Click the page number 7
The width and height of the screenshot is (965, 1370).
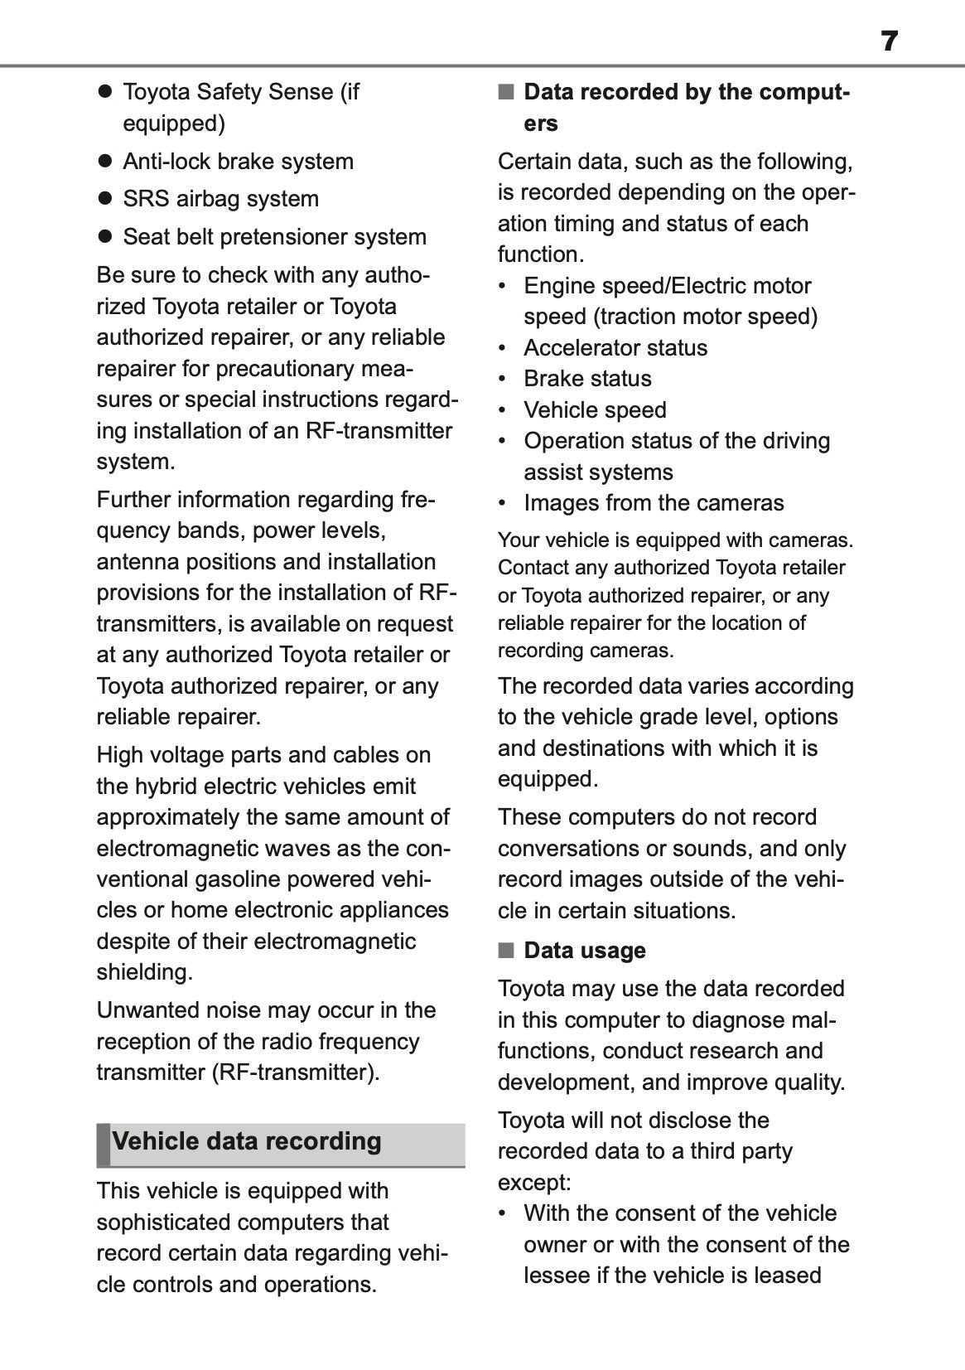pos(889,41)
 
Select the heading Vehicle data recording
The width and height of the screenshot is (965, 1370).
pos(247,1141)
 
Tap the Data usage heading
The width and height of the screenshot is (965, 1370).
pos(584,950)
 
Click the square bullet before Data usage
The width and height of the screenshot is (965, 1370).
pos(505,950)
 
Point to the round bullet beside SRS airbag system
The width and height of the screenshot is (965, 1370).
pos(104,199)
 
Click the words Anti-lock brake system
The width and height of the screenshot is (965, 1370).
pos(238,161)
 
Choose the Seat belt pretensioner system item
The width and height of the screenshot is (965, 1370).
pos(274,237)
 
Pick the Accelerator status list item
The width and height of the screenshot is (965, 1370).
pos(615,347)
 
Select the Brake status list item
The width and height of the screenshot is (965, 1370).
pos(587,379)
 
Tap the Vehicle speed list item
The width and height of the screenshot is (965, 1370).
pos(595,409)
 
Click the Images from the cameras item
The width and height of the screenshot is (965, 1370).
pos(654,503)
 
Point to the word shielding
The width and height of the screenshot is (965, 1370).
pos(144,972)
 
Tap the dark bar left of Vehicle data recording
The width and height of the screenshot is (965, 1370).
pos(103,1144)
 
